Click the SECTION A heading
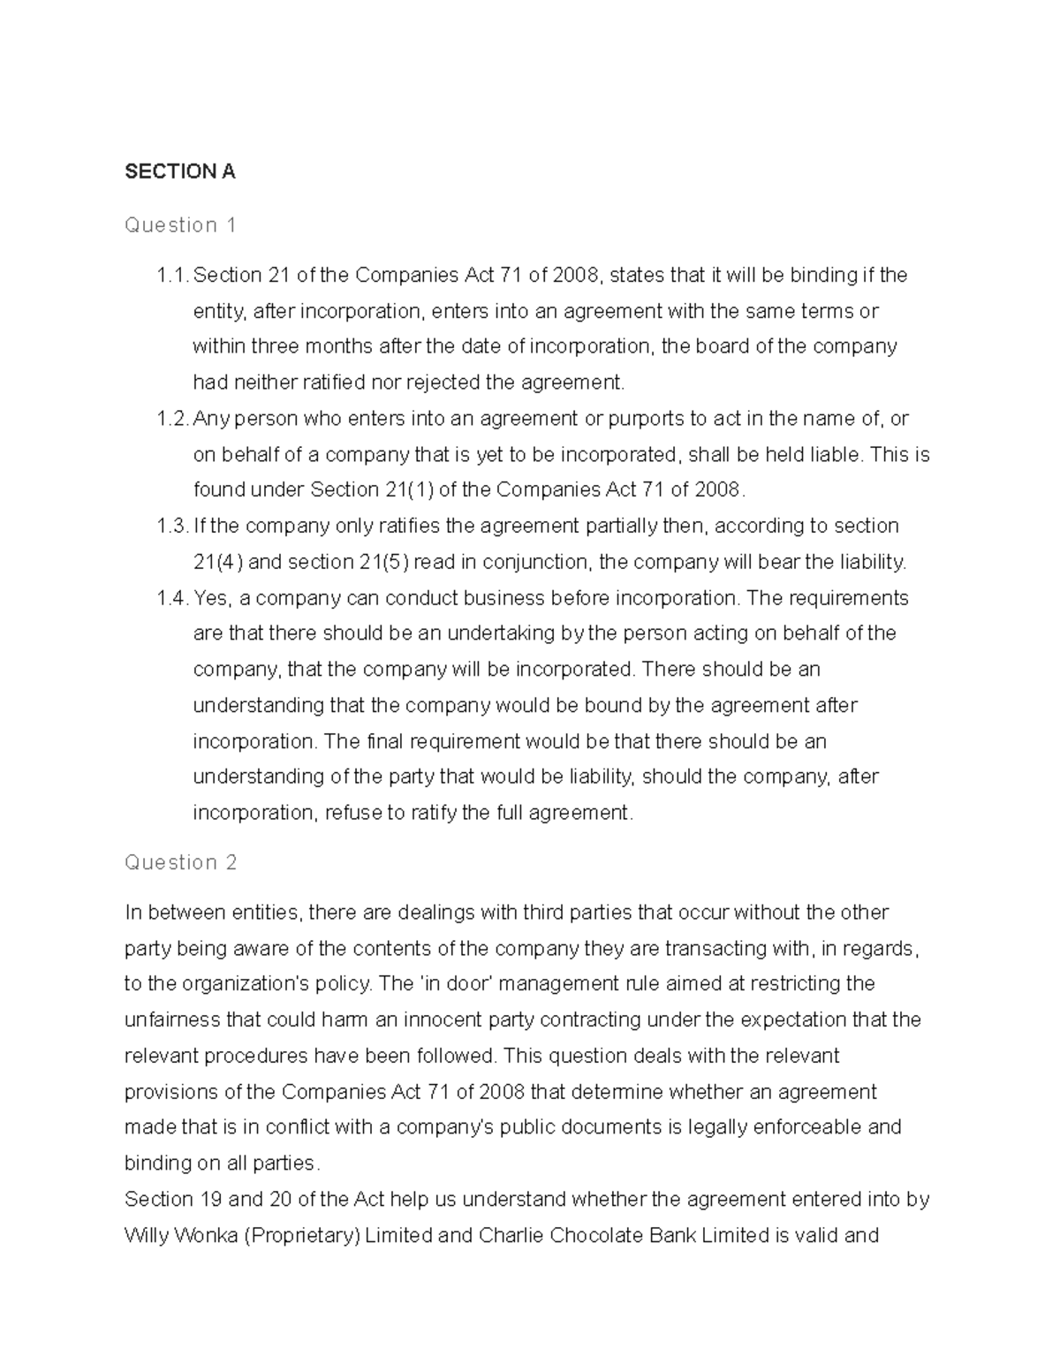(x=180, y=171)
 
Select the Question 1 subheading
(x=180, y=225)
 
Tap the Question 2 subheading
(x=181, y=862)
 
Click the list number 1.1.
(x=171, y=276)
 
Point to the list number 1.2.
(x=171, y=419)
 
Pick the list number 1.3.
(x=171, y=527)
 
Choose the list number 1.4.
(x=171, y=598)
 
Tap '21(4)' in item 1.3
(x=217, y=562)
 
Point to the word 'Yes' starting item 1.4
(x=210, y=598)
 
